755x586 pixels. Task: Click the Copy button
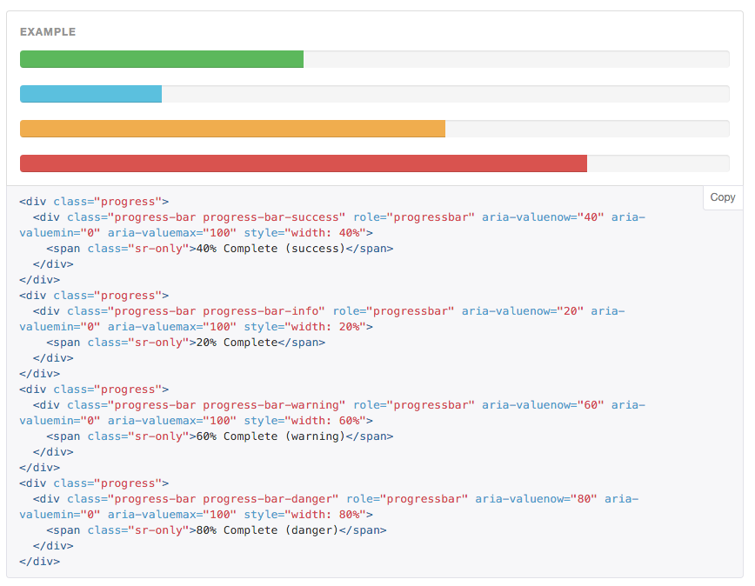click(722, 197)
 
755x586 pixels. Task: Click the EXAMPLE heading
click(48, 32)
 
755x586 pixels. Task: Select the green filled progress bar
click(162, 59)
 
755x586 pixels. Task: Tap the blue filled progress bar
click(91, 94)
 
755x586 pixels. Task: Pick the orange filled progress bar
click(232, 129)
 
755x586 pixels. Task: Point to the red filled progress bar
click(304, 163)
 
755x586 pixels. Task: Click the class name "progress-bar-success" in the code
click(271, 217)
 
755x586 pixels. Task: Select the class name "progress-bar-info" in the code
click(260, 311)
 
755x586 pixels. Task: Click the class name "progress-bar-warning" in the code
click(271, 405)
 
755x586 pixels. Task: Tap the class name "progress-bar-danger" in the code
click(267, 499)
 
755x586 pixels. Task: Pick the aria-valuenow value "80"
click(584, 499)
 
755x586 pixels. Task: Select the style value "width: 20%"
click(325, 327)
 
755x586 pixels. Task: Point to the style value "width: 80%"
click(325, 515)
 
